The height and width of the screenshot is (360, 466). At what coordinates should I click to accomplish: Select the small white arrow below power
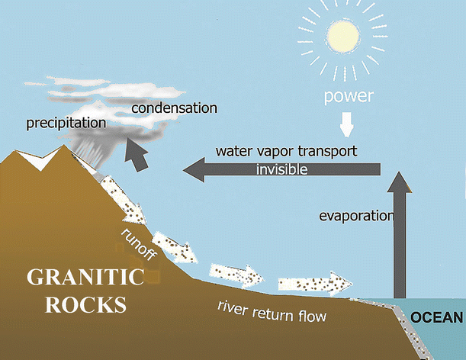[x=348, y=122]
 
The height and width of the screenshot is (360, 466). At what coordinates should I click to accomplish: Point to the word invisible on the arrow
[x=281, y=170]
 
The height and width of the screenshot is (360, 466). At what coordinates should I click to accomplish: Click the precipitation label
[x=66, y=122]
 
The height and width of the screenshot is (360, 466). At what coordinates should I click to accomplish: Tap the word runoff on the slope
[x=140, y=243]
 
